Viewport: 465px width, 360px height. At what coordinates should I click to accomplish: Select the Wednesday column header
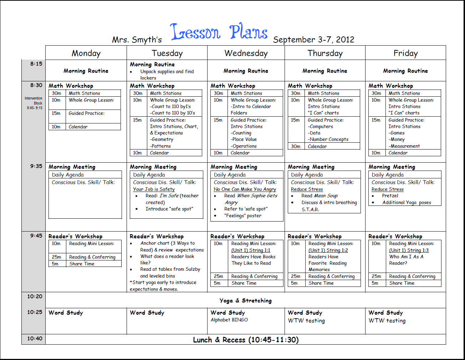(246, 53)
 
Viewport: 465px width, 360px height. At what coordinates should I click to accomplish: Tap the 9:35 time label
(36, 166)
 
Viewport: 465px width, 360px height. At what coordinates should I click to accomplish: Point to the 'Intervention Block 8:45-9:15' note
(34, 103)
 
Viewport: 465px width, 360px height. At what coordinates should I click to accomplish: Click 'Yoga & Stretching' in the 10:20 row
(245, 300)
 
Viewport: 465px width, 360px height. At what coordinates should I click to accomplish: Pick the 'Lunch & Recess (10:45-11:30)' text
(246, 340)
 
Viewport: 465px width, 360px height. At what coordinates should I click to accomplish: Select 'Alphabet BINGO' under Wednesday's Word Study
(229, 320)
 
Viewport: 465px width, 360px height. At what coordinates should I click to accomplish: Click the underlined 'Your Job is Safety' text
(154, 189)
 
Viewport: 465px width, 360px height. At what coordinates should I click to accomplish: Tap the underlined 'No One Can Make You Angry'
(245, 189)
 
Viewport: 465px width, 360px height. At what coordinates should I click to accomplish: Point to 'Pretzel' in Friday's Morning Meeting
(390, 196)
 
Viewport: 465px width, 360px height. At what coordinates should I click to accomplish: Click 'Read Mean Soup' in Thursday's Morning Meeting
(319, 196)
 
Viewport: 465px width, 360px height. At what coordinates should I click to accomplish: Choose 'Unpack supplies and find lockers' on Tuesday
(167, 74)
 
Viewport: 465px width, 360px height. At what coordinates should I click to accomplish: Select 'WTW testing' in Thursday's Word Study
(306, 320)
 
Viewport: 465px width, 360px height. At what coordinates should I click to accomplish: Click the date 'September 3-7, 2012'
(313, 40)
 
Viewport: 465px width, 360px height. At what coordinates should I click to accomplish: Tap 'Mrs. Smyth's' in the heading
(137, 40)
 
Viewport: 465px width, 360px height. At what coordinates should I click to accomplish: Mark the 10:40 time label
(35, 339)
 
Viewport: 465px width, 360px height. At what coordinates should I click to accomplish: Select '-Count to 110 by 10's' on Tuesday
(173, 113)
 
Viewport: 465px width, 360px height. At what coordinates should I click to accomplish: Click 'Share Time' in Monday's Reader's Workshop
(82, 264)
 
